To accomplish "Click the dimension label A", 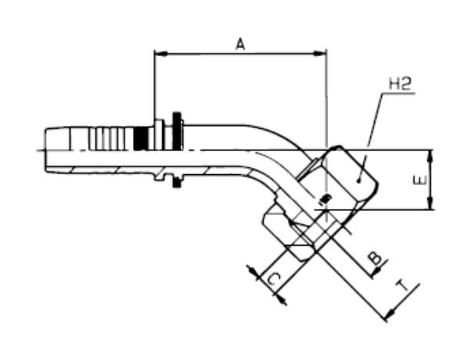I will click(x=240, y=45).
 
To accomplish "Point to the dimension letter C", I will click(x=274, y=280).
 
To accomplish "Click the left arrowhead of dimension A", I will click(x=159, y=54).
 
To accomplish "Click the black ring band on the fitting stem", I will click(x=141, y=139).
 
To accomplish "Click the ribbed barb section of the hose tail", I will click(x=108, y=139).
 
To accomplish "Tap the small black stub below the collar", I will click(x=178, y=182).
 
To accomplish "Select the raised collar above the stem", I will click(x=159, y=129).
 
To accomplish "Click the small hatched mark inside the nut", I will click(x=323, y=201).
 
